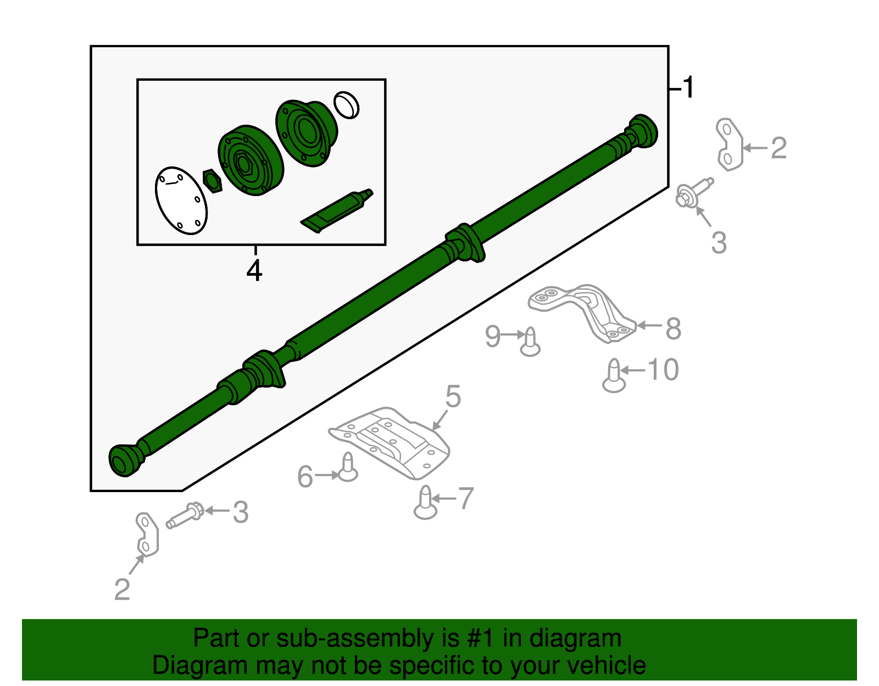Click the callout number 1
[x=687, y=88]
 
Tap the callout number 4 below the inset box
[x=254, y=270]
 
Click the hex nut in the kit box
[x=212, y=181]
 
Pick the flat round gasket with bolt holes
[x=181, y=200]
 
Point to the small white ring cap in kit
[x=346, y=104]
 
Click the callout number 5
[x=453, y=396]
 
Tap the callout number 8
[x=674, y=329]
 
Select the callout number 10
[x=663, y=370]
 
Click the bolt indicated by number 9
[x=530, y=342]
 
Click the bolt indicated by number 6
[x=348, y=467]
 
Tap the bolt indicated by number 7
[x=426, y=503]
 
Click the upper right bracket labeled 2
[x=730, y=144]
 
